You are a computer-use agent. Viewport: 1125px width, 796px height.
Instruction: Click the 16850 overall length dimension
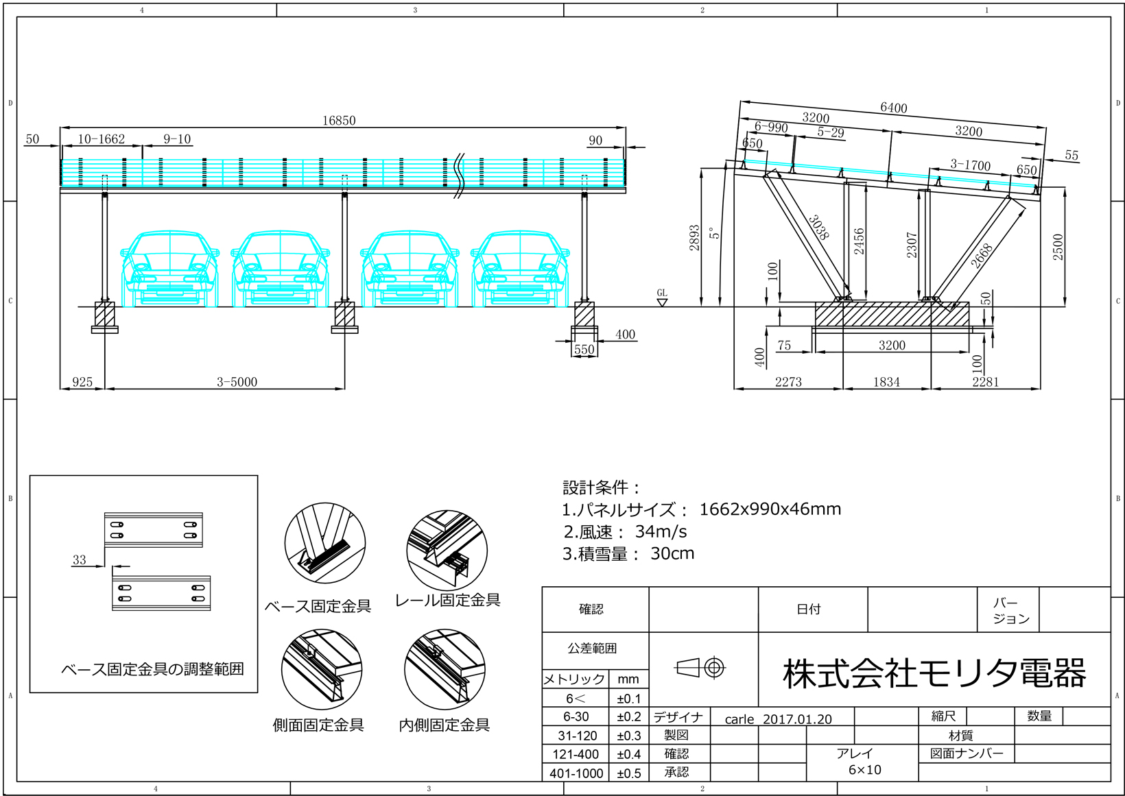339,120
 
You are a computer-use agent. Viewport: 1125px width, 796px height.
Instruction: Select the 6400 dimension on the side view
893,108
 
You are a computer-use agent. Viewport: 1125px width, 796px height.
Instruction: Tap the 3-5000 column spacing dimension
237,382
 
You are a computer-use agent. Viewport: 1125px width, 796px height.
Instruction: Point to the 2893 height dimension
694,238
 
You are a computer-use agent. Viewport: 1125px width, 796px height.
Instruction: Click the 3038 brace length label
818,227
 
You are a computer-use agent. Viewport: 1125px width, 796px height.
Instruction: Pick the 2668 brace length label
982,256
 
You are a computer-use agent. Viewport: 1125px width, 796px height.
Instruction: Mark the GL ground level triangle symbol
662,301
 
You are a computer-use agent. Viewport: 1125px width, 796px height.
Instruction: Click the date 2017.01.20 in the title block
797,719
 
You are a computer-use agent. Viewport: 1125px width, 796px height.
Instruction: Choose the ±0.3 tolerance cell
628,736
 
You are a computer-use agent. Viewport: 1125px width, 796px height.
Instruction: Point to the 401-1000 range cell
576,773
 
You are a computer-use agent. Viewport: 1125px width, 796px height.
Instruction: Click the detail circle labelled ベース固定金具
324,544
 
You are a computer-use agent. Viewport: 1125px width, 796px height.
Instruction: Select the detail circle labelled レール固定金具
447,549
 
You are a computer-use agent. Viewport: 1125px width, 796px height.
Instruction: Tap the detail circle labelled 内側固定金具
445,669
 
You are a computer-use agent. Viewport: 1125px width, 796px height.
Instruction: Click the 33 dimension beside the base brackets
80,560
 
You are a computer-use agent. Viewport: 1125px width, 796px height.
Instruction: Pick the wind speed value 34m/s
661,531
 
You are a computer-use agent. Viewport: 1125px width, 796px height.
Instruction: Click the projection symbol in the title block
700,666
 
